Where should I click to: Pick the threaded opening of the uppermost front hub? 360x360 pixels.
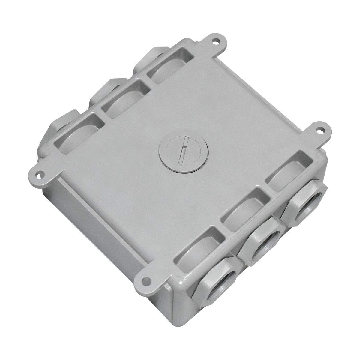pyautogui.click(x=309, y=204)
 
